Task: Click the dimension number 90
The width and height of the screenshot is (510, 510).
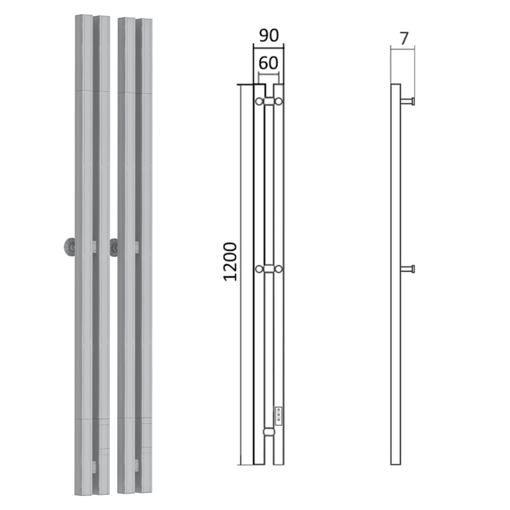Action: click(269, 36)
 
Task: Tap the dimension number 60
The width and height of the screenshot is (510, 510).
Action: click(268, 63)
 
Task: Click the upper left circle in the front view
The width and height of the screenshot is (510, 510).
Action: click(259, 101)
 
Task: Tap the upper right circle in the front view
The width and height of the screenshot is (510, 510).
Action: click(279, 101)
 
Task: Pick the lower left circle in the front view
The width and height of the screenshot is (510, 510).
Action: click(259, 269)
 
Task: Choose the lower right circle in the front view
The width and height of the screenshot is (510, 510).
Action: click(279, 269)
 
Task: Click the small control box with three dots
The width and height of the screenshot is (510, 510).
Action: click(278, 416)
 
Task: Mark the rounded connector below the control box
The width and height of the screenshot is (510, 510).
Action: click(269, 432)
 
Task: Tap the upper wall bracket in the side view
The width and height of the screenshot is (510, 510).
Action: click(408, 101)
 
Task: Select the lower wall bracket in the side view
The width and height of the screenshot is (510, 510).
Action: click(408, 269)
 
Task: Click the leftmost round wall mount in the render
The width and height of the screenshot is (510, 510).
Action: click(69, 247)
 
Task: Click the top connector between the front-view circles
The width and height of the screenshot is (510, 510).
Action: click(269, 101)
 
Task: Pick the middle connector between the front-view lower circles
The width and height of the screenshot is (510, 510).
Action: click(269, 269)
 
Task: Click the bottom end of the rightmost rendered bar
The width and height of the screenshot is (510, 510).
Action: click(144, 492)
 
